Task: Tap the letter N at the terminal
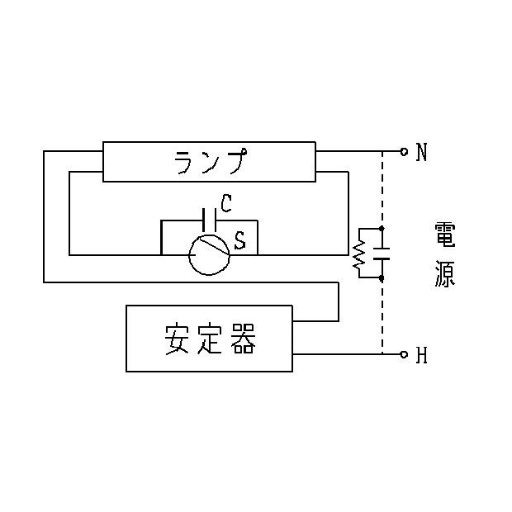pos(421,152)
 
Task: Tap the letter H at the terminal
pos(421,355)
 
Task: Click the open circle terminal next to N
pos(404,151)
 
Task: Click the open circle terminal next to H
pos(404,354)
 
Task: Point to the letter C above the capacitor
pos(226,203)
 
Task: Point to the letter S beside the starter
pos(240,240)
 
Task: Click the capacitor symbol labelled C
pos(209,220)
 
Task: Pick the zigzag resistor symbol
pos(359,253)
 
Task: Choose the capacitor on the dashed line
pos(382,254)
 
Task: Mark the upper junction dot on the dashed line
pos(382,228)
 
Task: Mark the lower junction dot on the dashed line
pos(382,277)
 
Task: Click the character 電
pos(445,235)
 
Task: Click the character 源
pos(445,274)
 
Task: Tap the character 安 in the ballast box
pos(177,339)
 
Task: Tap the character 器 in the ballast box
pos(244,339)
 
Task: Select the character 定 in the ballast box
pos(210,339)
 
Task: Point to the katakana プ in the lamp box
pos(237,161)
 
